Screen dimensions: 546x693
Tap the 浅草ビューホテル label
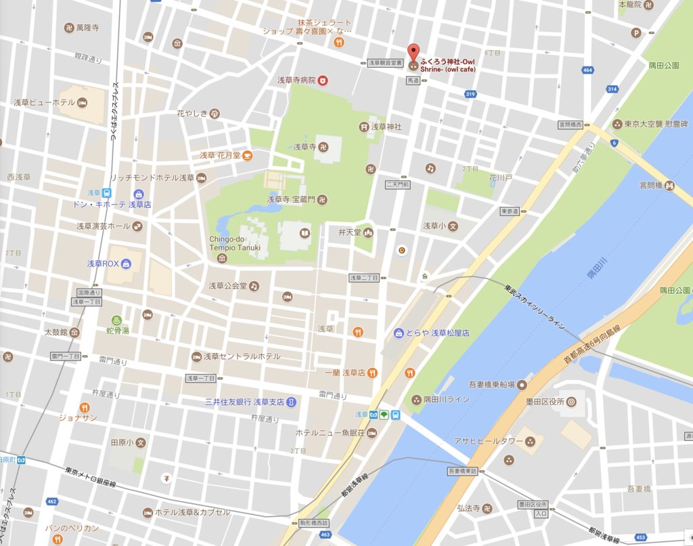coord(44,103)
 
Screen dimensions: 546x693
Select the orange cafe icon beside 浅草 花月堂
coord(248,155)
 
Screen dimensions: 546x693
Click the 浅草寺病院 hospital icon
coord(323,80)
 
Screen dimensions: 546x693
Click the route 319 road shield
coord(470,93)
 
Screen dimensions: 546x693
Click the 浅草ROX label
coord(102,264)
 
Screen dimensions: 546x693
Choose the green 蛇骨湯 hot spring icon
coord(116,320)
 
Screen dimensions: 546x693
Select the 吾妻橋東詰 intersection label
coord(463,470)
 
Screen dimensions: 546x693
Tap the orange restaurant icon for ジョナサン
coord(85,407)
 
